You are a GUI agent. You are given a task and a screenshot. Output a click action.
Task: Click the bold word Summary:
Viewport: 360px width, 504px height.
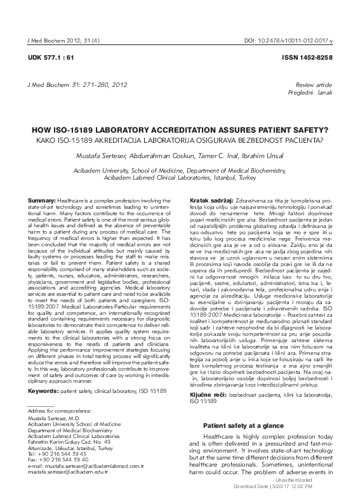pos(41,201)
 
